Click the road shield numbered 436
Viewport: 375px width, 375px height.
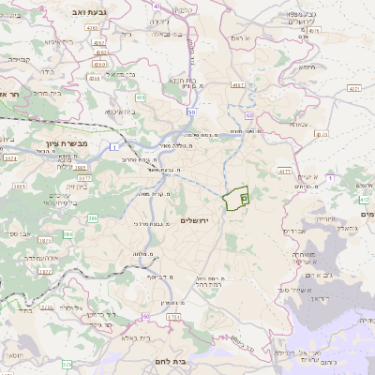(x=139, y=97)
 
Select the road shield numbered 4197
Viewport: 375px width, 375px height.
(x=238, y=85)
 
